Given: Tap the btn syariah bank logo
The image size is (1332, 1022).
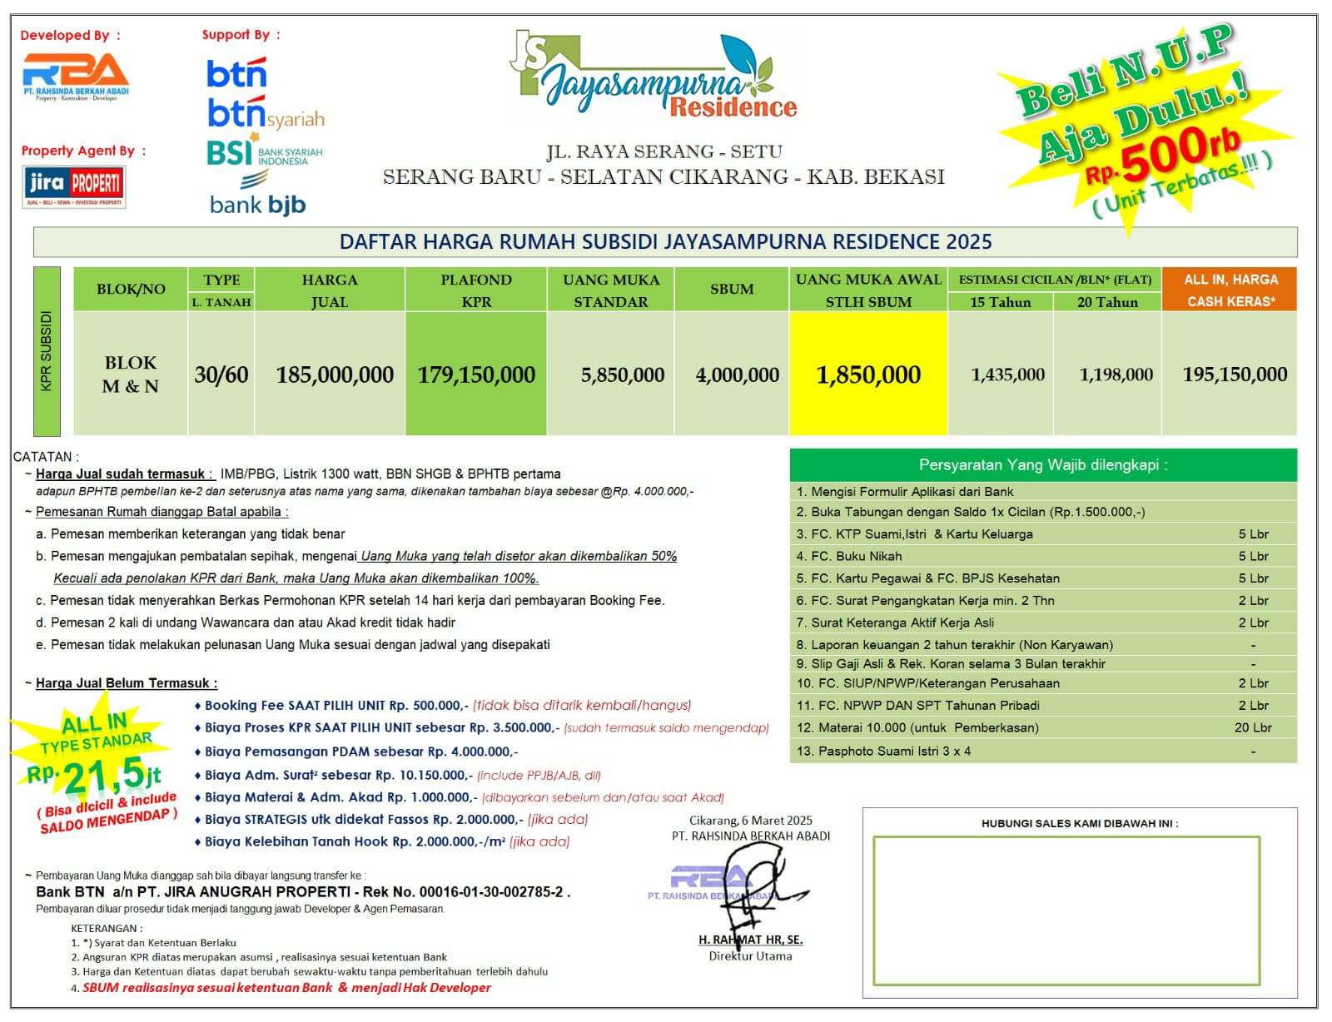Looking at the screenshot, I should coord(265,114).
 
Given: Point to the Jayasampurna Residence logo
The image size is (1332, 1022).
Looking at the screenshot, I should coord(654,77).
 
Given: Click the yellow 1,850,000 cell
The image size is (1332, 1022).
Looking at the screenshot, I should coord(868,375).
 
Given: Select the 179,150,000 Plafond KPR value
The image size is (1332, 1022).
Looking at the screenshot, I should coord(476,375).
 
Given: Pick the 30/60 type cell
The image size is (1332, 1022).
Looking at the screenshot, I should coord(221,375).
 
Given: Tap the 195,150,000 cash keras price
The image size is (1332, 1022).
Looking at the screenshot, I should coord(1235,375).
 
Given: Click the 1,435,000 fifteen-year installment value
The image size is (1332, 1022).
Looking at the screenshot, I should coord(1007,375).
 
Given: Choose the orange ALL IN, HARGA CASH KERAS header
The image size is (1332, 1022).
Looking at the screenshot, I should coord(1230,290).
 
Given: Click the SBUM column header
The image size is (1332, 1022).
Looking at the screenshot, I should coord(732,289).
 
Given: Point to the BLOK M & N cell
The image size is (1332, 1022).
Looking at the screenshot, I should coord(131,375).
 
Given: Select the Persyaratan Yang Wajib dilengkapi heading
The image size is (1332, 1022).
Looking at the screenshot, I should coord(1042,464).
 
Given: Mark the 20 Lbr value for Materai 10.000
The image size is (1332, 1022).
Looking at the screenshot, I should coord(1253,727).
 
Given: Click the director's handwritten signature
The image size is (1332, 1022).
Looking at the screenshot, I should coord(758,886).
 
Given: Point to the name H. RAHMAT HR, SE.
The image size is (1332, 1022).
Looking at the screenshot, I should coord(750,940).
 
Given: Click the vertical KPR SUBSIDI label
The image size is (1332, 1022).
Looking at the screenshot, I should coord(47,350).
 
